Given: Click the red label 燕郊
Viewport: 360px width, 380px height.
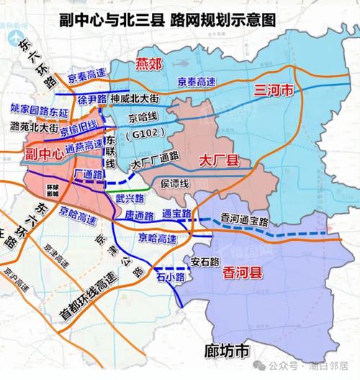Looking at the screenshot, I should click(149, 66).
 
